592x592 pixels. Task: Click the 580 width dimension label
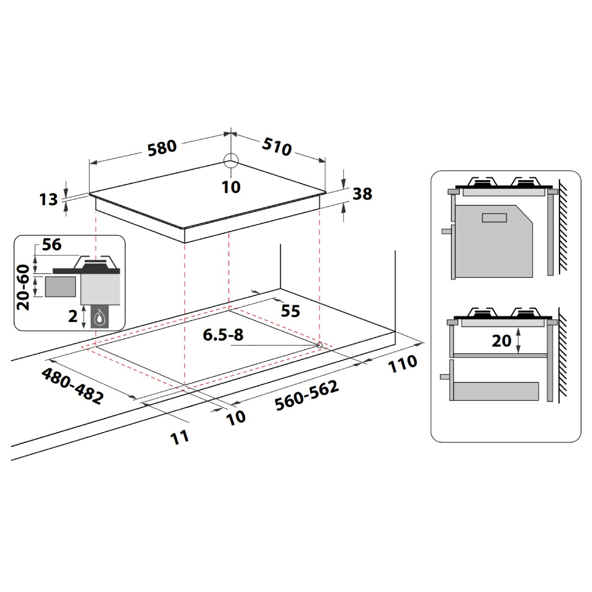click(x=162, y=148)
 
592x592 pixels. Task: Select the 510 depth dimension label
click(x=276, y=147)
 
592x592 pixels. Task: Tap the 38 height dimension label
click(x=363, y=194)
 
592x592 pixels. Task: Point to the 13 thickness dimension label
click(x=48, y=199)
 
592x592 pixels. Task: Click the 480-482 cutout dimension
click(x=72, y=386)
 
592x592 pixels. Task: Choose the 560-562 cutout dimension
click(x=307, y=395)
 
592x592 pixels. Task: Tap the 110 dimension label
click(x=403, y=364)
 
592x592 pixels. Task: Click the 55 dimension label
click(x=290, y=311)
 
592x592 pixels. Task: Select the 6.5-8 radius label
click(x=223, y=334)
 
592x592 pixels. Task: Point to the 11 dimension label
click(x=180, y=437)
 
